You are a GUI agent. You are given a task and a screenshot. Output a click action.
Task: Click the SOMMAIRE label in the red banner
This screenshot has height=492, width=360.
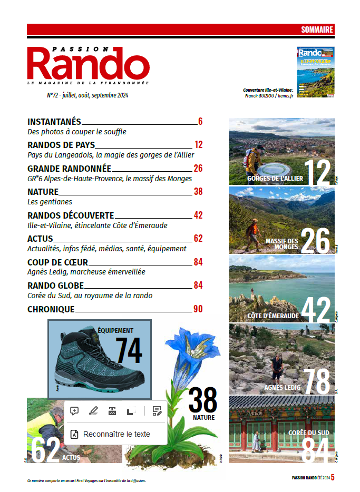click(317, 29)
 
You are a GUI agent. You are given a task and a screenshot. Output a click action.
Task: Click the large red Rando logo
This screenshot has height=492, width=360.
click(88, 64)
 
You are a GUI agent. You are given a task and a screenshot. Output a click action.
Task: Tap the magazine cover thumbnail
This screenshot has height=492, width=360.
click(315, 72)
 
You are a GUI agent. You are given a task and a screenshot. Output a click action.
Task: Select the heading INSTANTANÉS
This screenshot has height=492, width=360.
click(54, 122)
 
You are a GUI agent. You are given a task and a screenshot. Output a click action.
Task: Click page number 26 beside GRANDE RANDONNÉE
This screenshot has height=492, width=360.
click(198, 169)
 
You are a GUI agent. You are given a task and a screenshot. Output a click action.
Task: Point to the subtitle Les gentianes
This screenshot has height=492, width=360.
click(50, 202)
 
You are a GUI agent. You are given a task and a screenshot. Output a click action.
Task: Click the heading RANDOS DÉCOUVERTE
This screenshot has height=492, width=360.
click(71, 215)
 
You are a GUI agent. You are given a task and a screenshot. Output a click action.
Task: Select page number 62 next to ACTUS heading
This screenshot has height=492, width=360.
click(198, 239)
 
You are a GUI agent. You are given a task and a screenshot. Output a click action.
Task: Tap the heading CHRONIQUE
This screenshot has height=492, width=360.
click(51, 309)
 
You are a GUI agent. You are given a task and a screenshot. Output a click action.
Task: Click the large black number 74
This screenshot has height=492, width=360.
click(129, 350)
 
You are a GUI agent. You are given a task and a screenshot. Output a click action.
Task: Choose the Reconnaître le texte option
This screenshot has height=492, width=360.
click(116, 434)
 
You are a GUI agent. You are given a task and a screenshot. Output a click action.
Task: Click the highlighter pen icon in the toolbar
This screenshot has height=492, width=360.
click(93, 411)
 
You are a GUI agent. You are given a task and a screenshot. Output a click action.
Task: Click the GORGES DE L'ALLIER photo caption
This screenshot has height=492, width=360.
click(275, 179)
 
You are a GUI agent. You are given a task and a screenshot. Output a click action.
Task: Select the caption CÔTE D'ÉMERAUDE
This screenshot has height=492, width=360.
click(273, 316)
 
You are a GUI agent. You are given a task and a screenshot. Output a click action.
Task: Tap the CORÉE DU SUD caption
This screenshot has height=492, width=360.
click(308, 432)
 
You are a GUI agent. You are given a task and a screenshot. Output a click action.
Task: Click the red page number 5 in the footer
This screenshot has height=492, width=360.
click(333, 478)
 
